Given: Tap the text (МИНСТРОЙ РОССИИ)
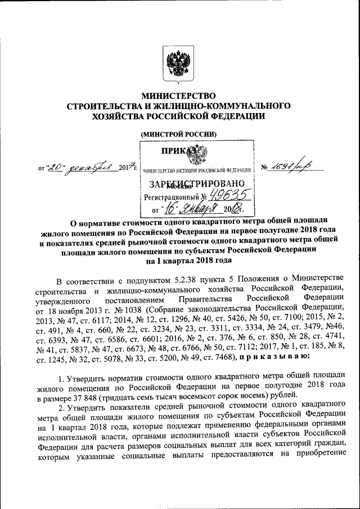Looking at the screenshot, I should click(x=178, y=133).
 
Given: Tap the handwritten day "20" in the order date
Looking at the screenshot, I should click(x=55, y=166).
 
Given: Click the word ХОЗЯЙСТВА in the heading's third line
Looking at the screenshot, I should click(x=107, y=115).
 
